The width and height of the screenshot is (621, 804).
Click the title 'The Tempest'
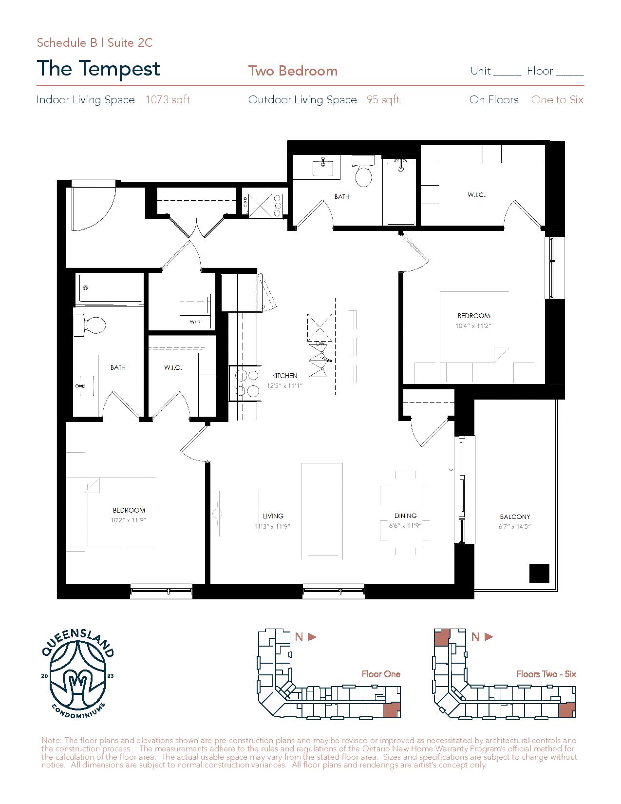pyautogui.click(x=98, y=69)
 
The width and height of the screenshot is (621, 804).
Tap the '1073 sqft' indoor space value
pyautogui.click(x=168, y=99)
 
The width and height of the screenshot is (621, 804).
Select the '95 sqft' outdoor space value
pyautogui.click(x=383, y=99)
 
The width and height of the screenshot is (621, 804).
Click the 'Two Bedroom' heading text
pyautogui.click(x=293, y=71)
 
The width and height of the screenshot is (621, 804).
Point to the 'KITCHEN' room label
pyautogui.click(x=285, y=376)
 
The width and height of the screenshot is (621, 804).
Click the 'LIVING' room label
pyautogui.click(x=273, y=516)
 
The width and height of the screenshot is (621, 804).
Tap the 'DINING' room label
pyautogui.click(x=405, y=516)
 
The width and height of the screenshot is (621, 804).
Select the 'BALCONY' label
pyautogui.click(x=515, y=517)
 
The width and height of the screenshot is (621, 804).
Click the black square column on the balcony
pyautogui.click(x=539, y=574)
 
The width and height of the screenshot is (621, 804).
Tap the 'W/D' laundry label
pyautogui.click(x=195, y=322)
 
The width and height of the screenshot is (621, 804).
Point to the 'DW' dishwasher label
pyautogui.click(x=320, y=344)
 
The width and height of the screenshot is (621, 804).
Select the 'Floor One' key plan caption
pyautogui.click(x=381, y=674)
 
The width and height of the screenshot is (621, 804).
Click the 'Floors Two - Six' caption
pyautogui.click(x=546, y=674)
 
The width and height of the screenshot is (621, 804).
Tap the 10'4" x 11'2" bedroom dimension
pyautogui.click(x=473, y=326)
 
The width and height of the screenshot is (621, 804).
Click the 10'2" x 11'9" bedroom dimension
pyautogui.click(x=129, y=520)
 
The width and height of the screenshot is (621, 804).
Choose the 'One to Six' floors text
pyautogui.click(x=557, y=99)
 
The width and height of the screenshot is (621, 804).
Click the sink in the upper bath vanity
pyautogui.click(x=323, y=167)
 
